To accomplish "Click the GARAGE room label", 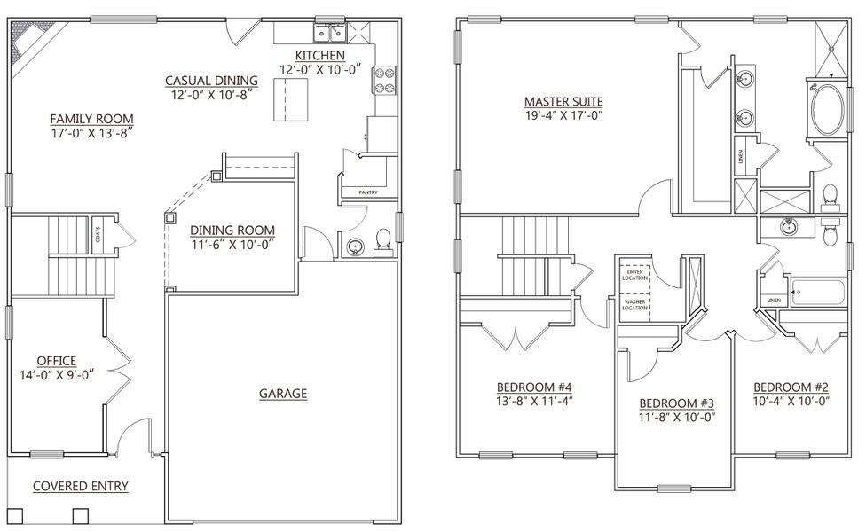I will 284,393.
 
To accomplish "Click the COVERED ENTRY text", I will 81,486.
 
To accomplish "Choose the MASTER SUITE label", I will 563,100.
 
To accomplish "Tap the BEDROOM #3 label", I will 679,402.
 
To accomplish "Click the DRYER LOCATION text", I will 634,275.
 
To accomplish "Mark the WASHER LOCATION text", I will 634,306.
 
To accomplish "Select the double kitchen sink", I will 329,35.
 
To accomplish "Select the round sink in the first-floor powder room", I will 356,246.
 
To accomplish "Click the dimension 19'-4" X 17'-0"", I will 563,113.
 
